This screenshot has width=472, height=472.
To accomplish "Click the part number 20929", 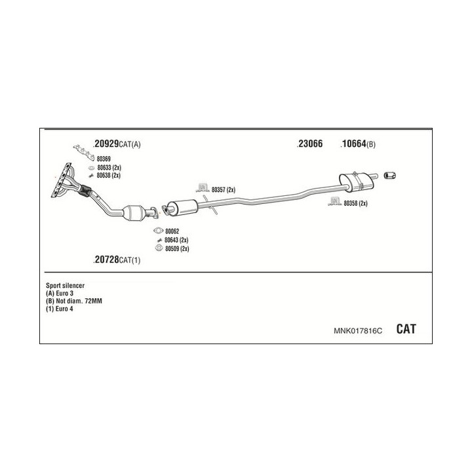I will pyautogui.click(x=106, y=144).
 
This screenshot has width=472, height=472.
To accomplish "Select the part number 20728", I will pyautogui.click(x=107, y=260).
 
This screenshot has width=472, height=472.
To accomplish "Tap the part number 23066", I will pyautogui.click(x=309, y=144).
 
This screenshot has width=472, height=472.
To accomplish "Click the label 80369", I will pyautogui.click(x=104, y=159).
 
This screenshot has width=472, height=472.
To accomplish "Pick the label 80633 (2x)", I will pyautogui.click(x=108, y=168).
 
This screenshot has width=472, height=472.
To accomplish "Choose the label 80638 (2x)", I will pyautogui.click(x=108, y=175).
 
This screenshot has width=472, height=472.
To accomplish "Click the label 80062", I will pyautogui.click(x=172, y=231).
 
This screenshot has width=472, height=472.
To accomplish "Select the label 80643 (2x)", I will pyautogui.click(x=176, y=240).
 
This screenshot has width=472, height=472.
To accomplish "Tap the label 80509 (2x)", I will pyautogui.click(x=176, y=248).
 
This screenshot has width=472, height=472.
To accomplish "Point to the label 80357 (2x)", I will pyautogui.click(x=223, y=189).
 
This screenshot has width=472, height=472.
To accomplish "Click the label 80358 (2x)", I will pyautogui.click(x=355, y=203).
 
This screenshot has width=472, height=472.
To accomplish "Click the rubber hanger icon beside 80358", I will pyautogui.click(x=335, y=201).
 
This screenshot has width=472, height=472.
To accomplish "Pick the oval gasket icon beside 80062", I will pyautogui.click(x=157, y=231).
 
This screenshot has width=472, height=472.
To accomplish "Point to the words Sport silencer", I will pyautogui.click(x=66, y=285).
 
